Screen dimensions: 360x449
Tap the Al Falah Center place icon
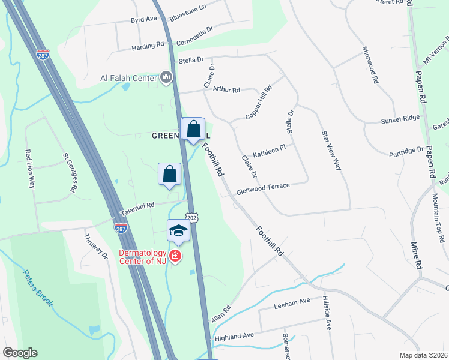point(167,77)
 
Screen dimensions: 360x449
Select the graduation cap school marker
point(178,231)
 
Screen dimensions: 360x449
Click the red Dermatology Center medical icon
point(175,257)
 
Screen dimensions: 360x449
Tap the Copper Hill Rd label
point(259,101)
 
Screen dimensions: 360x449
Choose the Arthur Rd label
point(226,90)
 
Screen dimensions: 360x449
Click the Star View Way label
point(332,150)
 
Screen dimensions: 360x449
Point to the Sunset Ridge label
point(400,121)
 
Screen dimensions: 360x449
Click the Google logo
point(20,353)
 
